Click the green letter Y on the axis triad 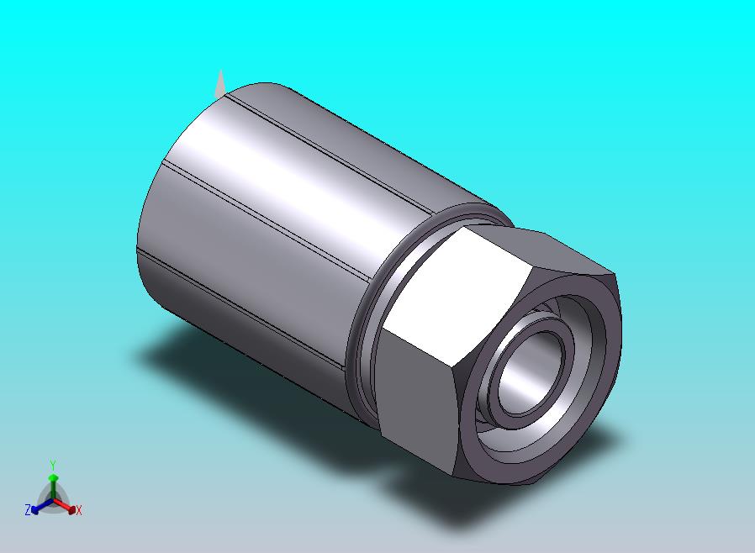click(53, 464)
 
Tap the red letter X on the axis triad click(79, 510)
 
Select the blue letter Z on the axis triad click(28, 509)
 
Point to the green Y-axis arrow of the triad click(53, 482)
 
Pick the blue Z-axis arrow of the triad click(39, 506)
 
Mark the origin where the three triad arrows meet click(53, 501)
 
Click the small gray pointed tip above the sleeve click(220, 82)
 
